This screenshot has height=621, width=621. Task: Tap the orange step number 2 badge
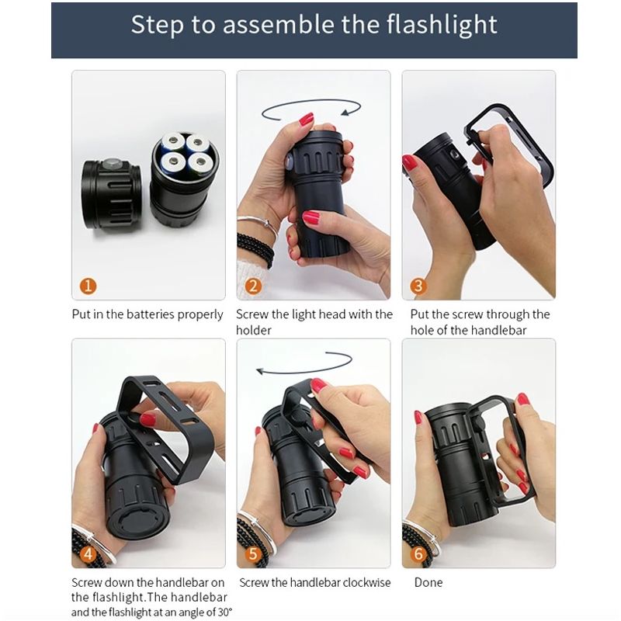253,286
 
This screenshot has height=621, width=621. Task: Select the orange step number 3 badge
418,286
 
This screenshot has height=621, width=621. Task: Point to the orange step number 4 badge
88,553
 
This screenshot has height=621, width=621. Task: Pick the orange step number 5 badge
253,553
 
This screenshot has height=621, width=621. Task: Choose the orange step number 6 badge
418,553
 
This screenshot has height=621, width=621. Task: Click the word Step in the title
158,25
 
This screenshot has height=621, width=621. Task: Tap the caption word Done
429,582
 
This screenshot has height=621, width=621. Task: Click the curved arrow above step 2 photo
310,110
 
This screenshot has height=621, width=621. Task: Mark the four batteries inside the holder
183,153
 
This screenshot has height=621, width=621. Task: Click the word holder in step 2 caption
254,330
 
